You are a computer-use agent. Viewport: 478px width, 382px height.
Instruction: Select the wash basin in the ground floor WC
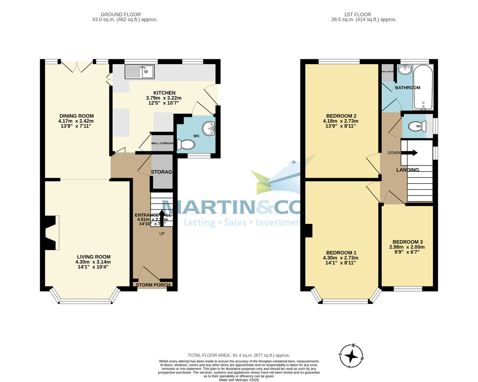pos(208,129)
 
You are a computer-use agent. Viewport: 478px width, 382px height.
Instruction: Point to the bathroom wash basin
pos(404,69)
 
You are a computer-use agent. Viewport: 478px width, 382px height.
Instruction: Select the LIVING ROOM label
pos(93,257)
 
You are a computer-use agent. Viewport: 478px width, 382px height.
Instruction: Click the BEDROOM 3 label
pos(407,242)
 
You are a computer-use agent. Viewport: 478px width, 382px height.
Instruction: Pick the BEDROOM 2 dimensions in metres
pos(340,121)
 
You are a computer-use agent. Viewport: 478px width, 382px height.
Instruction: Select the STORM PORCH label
pos(153,285)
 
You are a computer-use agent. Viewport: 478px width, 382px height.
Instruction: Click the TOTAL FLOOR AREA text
pos(239,355)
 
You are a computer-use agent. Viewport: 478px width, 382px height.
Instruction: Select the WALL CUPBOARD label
pos(162,143)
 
